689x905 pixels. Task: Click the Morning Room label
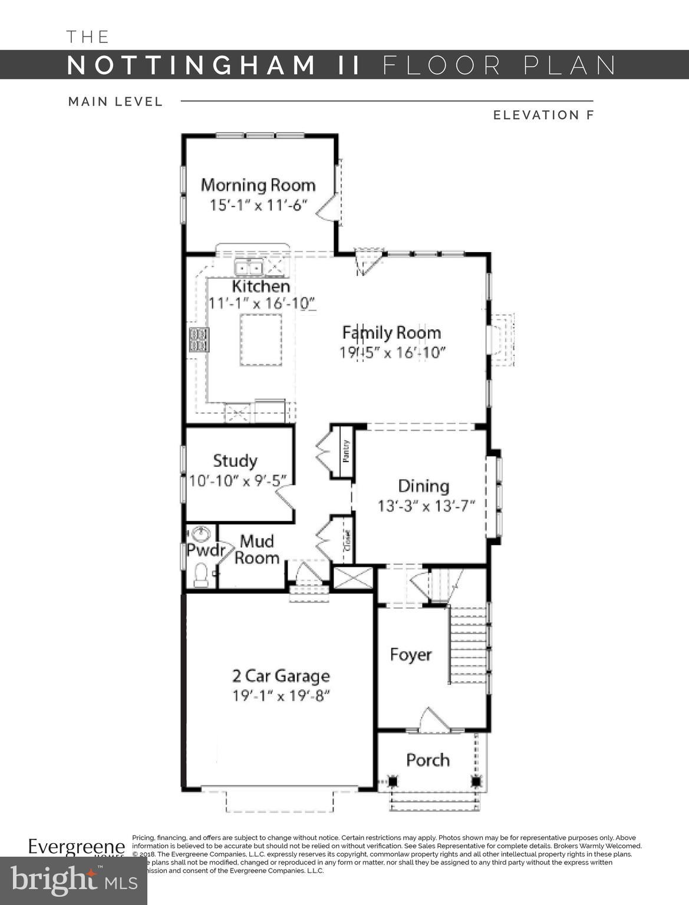pyautogui.click(x=258, y=185)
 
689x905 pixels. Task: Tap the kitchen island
pyautogui.click(x=261, y=340)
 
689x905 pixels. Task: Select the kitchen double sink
pyautogui.click(x=249, y=268)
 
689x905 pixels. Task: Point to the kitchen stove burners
pyautogui.click(x=199, y=340)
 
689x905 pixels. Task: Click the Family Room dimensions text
pyautogui.click(x=392, y=353)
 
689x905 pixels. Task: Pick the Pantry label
pyautogui.click(x=346, y=451)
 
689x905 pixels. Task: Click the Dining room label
pyautogui.click(x=423, y=486)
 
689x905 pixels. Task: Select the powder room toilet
pyautogui.click(x=202, y=574)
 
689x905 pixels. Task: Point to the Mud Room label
pyautogui.click(x=257, y=549)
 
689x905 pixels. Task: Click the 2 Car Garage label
pyautogui.click(x=281, y=676)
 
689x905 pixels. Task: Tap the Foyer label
pyautogui.click(x=411, y=655)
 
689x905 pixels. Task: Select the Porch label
pyautogui.click(x=428, y=760)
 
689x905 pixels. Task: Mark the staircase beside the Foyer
pyautogui.click(x=469, y=645)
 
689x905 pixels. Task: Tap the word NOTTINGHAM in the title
pyautogui.click(x=192, y=65)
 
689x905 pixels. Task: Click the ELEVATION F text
pyautogui.click(x=543, y=115)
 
